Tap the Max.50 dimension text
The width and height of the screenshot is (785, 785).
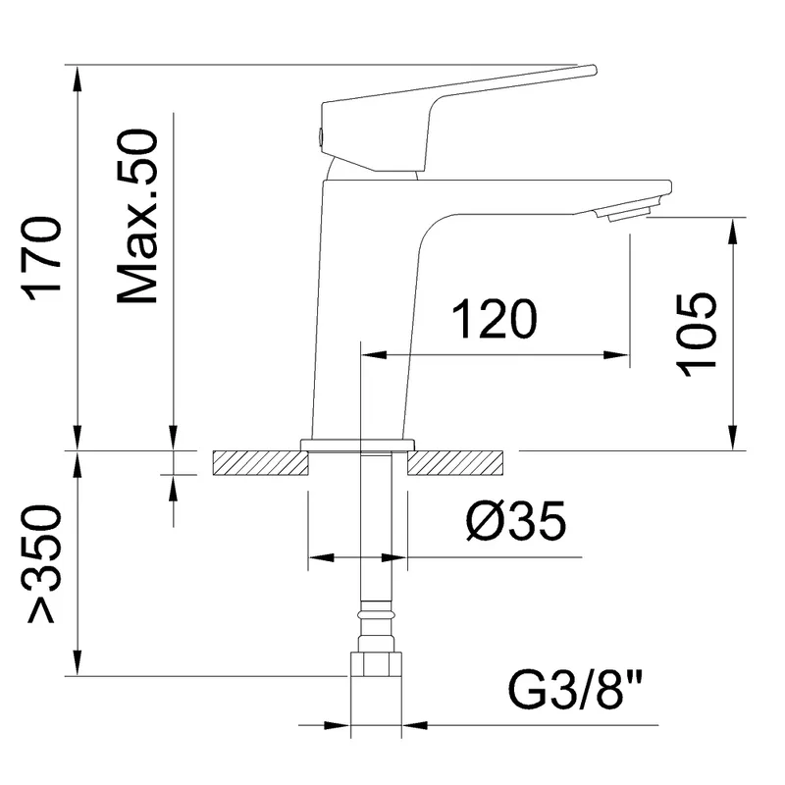tap(137, 216)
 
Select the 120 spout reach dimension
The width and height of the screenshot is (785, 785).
tap(495, 319)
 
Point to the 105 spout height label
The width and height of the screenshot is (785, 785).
tap(696, 335)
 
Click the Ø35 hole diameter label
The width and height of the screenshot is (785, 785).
tap(516, 521)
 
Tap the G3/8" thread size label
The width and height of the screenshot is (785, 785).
tap(575, 691)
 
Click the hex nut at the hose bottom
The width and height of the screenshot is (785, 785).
tap(377, 664)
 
